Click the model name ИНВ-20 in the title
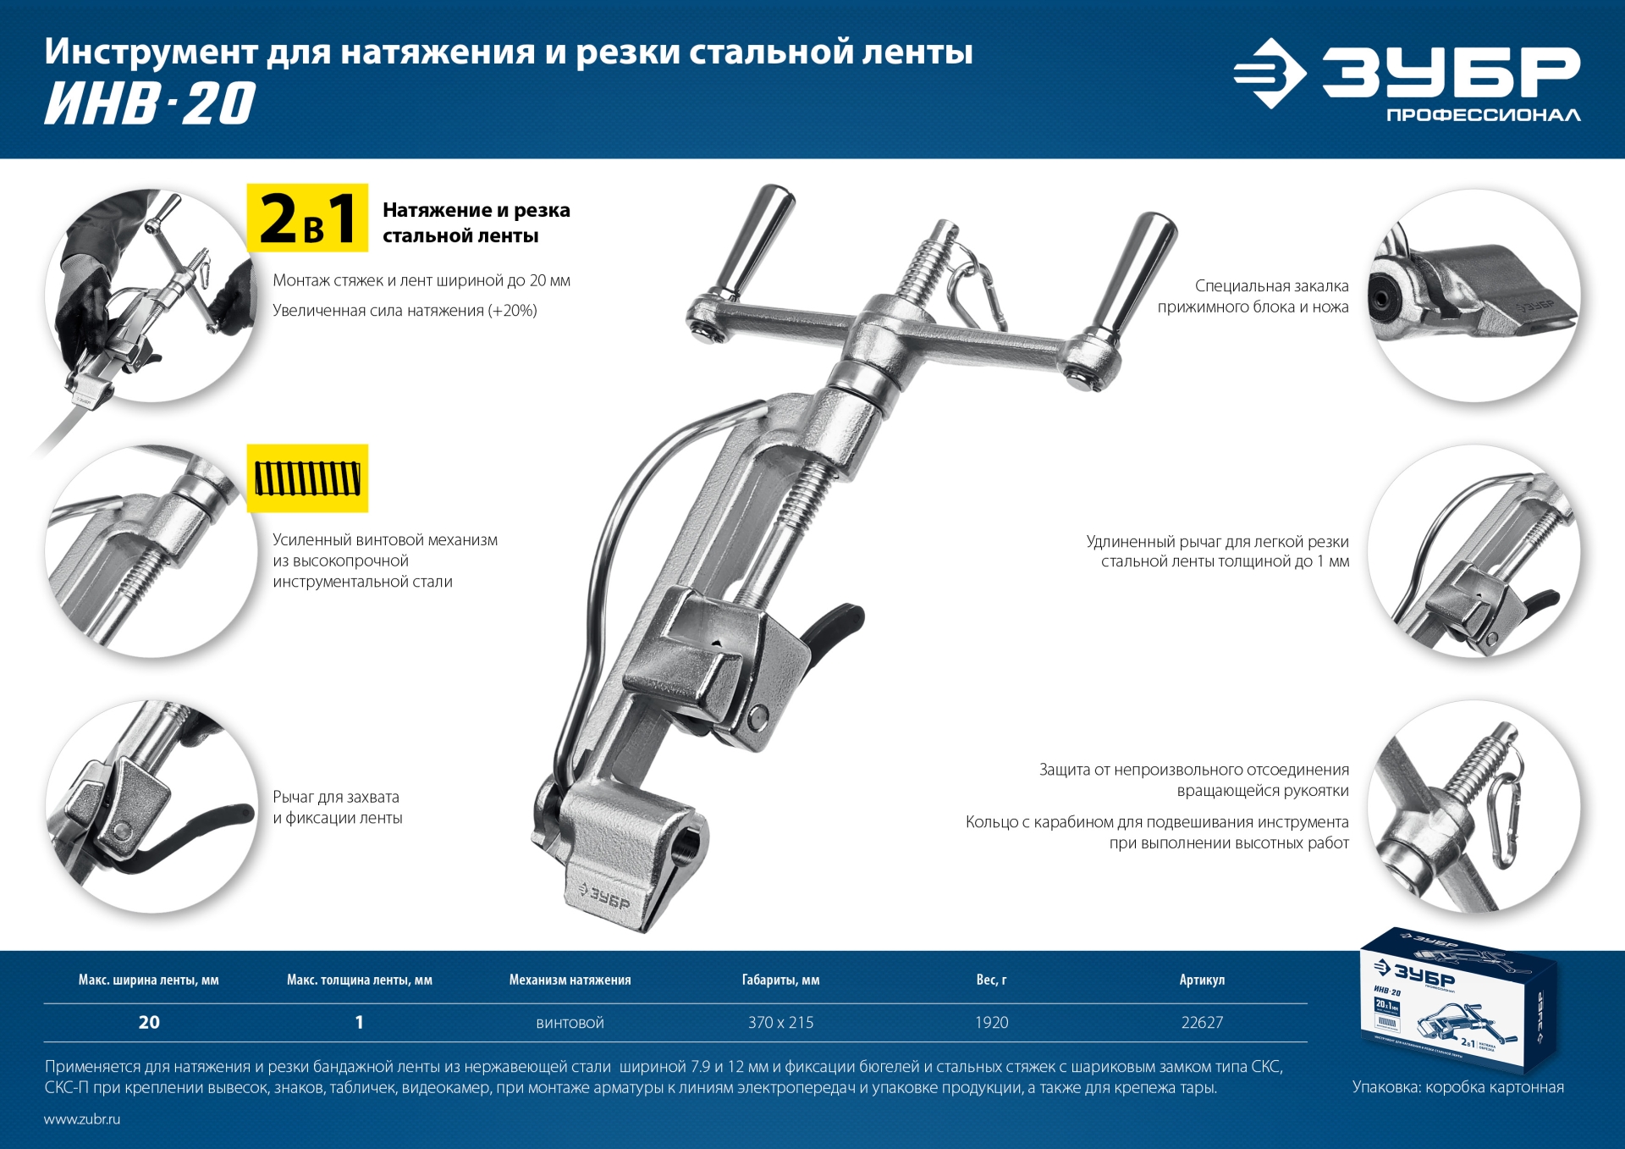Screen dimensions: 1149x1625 point(150,104)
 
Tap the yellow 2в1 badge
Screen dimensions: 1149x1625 point(307,218)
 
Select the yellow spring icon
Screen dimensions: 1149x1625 point(307,478)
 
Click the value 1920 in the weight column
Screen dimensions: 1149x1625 point(991,1023)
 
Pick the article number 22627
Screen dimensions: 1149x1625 point(1202,1023)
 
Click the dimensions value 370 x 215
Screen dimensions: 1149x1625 point(780,1023)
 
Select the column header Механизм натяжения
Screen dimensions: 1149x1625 point(570,980)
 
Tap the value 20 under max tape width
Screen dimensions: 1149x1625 point(149,1023)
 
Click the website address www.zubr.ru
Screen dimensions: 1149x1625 point(82,1119)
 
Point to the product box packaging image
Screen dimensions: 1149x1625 point(1457,999)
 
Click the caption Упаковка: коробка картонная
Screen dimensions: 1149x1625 point(1457,1087)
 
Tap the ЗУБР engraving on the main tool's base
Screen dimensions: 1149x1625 point(604,897)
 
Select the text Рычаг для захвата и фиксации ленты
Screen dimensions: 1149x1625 point(337,807)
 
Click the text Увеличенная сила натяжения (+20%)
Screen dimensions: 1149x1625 point(405,311)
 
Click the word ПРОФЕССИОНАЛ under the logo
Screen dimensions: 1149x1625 point(1483,115)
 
